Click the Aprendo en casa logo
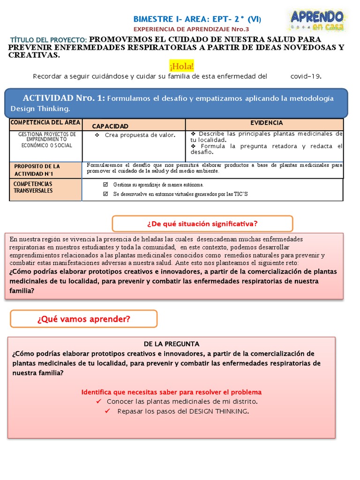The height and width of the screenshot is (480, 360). [317, 21]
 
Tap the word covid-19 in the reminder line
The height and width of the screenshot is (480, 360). [306, 76]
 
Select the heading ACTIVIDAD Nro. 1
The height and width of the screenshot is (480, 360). [64, 98]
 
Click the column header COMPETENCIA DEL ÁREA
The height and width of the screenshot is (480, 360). [45, 123]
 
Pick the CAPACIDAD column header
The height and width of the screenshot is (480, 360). [110, 126]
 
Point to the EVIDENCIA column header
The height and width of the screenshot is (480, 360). [266, 123]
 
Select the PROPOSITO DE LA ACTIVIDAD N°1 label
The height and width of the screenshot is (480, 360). [37, 170]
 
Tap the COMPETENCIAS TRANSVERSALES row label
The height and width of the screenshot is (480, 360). [33, 187]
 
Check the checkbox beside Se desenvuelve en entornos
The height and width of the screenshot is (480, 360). [105, 194]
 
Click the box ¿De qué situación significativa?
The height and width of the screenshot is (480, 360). [202, 223]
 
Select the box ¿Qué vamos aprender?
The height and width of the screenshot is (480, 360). [83, 319]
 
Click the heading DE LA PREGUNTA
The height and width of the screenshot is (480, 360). [171, 344]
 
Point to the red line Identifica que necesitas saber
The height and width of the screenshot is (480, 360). [171, 392]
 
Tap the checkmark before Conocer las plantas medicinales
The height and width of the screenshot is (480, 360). [98, 402]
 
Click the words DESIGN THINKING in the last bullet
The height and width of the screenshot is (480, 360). [218, 412]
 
